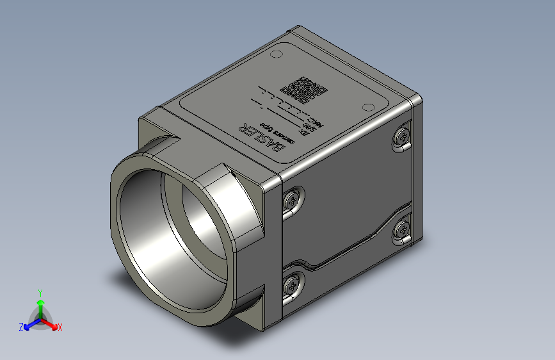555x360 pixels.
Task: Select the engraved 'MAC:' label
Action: coord(316,122)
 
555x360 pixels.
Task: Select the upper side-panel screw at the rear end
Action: coord(403,136)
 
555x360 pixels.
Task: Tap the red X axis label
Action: coord(60,328)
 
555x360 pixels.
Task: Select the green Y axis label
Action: coord(40,292)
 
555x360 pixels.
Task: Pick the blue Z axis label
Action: coord(21,327)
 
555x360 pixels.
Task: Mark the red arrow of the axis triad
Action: coord(51,323)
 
